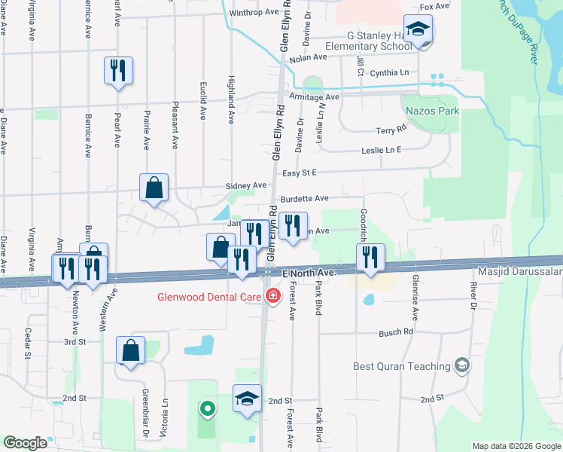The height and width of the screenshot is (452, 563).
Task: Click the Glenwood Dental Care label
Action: (x=208, y=296)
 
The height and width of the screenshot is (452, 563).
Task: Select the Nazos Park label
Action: (x=432, y=111)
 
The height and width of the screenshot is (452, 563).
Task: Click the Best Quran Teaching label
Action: (x=400, y=367)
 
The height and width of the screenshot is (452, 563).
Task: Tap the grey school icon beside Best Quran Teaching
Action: (x=462, y=367)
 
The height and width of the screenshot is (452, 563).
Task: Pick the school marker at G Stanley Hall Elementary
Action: (x=418, y=31)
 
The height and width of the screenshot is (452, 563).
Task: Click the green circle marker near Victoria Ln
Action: (x=207, y=410)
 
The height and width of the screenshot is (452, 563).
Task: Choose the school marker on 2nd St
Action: (x=247, y=399)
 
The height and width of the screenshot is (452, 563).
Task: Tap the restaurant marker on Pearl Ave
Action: (x=118, y=72)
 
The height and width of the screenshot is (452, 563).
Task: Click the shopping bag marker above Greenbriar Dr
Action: (x=131, y=350)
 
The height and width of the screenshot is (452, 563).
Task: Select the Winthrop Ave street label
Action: (x=254, y=13)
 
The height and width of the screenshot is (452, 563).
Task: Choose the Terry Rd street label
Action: (x=391, y=131)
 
